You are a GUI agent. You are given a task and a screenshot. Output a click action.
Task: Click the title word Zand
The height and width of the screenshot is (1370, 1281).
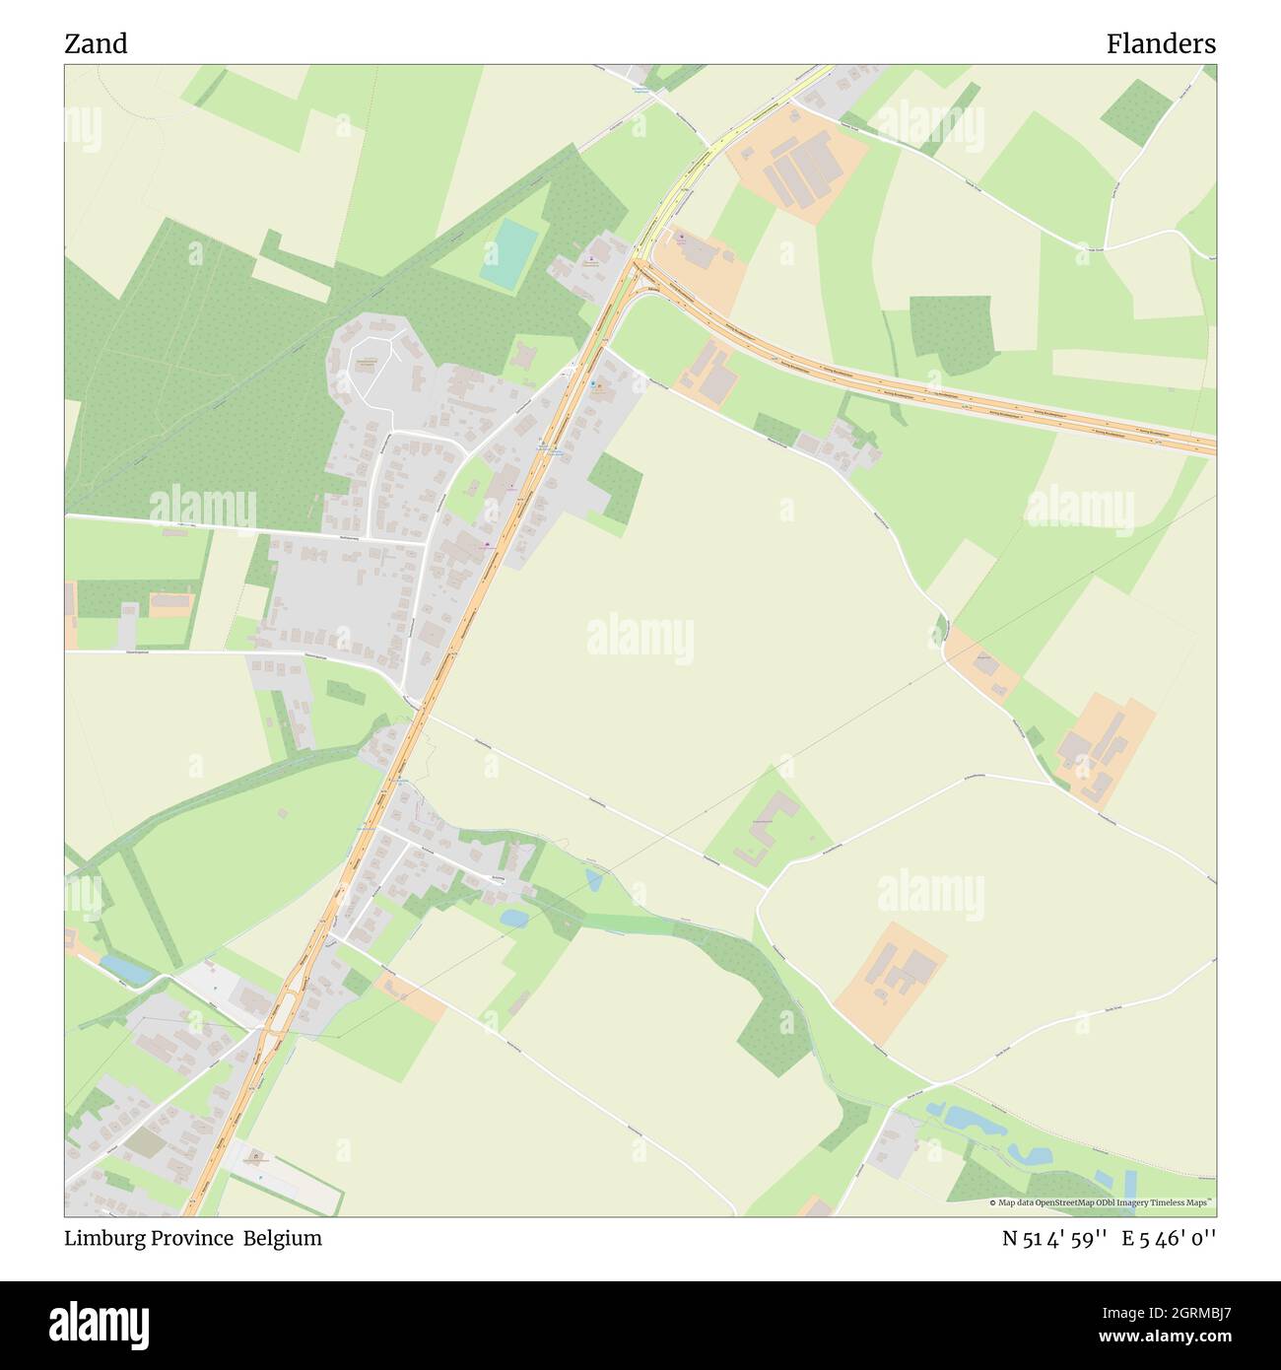(x=96, y=44)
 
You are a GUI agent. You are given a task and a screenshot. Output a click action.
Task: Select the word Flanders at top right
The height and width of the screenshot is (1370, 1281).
(x=1160, y=44)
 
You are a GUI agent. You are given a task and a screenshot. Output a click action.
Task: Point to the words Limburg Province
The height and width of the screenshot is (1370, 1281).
(x=149, y=1238)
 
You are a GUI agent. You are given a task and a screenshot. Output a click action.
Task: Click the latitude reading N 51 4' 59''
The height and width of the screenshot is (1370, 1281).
(x=1054, y=1238)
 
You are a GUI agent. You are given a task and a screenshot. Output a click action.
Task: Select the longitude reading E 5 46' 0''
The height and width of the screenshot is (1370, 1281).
(x=1169, y=1238)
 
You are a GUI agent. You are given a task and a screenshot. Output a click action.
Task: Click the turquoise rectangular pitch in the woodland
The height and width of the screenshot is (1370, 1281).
(x=508, y=253)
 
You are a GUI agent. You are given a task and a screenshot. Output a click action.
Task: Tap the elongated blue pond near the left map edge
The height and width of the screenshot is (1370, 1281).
(x=126, y=970)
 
